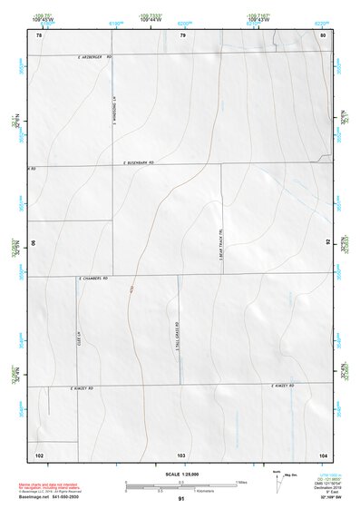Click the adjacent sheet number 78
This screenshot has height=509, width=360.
pyautogui.click(x=39, y=34)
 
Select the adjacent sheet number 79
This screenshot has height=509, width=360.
pyautogui.click(x=182, y=34)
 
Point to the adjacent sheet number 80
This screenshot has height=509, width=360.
pyautogui.click(x=323, y=34)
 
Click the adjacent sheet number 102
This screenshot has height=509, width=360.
pyautogui.click(x=39, y=454)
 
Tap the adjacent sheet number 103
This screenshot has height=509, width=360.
pyautogui.click(x=181, y=454)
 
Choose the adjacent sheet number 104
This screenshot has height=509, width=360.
pyautogui.click(x=323, y=454)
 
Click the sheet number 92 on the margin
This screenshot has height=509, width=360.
pyautogui.click(x=327, y=243)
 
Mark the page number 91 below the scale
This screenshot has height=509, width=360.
pyautogui.click(x=181, y=499)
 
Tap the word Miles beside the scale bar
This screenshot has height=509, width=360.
pyautogui.click(x=241, y=481)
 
